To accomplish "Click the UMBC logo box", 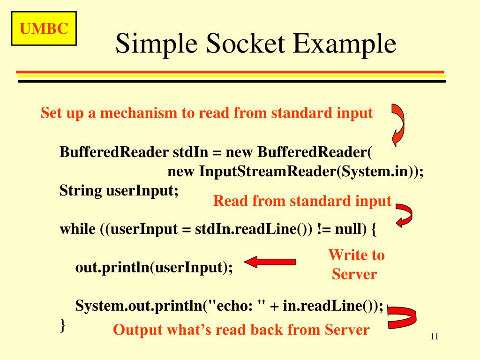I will [x=44, y=30].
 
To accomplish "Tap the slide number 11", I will [x=434, y=337].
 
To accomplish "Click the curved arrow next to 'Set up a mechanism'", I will [x=397, y=124].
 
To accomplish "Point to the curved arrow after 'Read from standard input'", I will [x=404, y=214].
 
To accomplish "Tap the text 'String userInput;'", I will [x=119, y=191].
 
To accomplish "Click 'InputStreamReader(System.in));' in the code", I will [x=311, y=172].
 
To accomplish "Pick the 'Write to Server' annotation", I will [x=355, y=264].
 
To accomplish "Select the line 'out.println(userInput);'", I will [x=154, y=268].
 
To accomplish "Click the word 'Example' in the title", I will [x=345, y=45].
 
